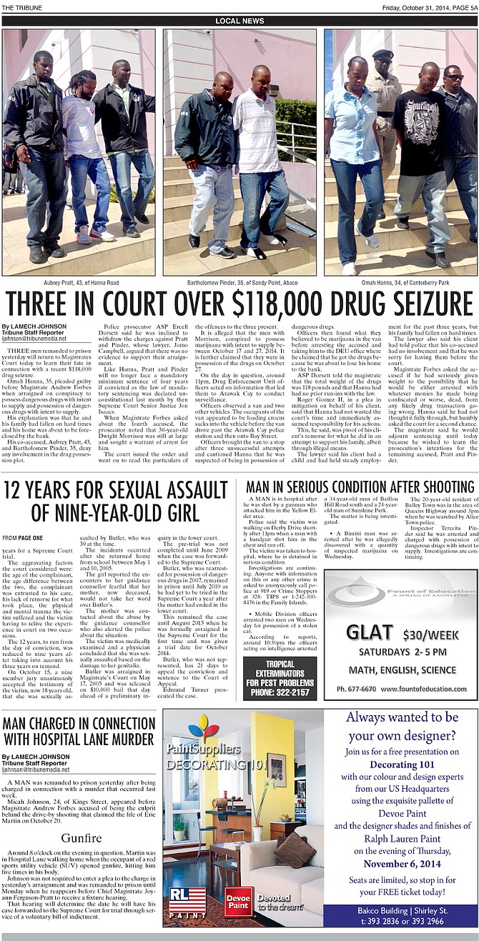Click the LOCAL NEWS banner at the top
point(239,21)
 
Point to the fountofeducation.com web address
point(425,689)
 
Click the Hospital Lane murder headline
point(79,730)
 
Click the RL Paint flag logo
point(187,902)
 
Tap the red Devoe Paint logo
point(238,902)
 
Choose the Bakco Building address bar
point(401,915)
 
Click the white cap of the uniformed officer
point(383,54)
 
